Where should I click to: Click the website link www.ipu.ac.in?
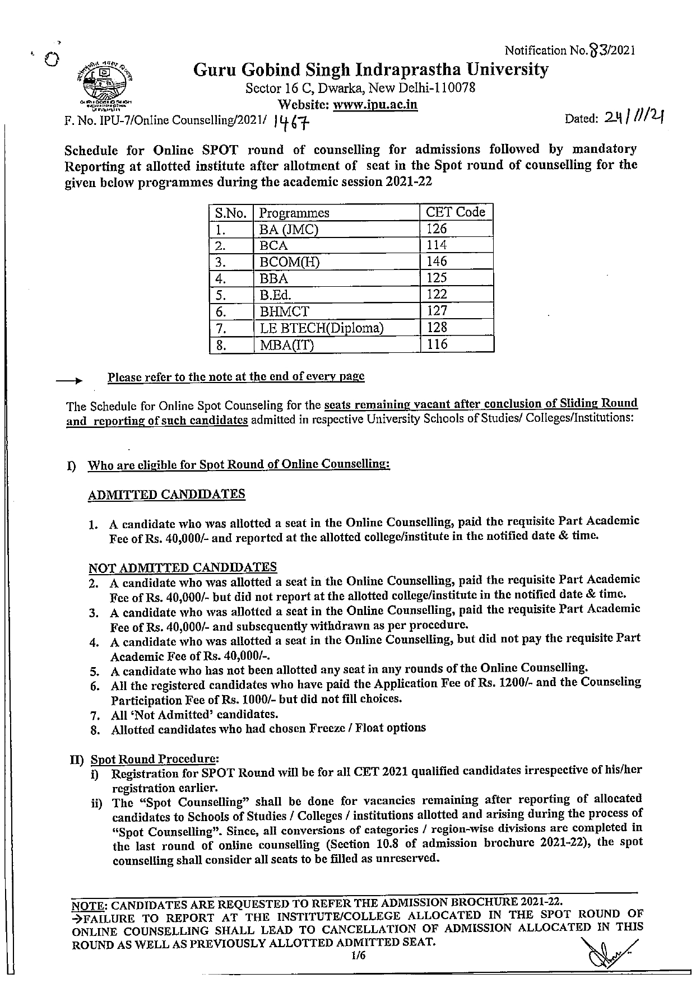(x=375, y=105)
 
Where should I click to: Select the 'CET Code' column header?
(x=455, y=212)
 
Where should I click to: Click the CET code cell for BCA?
(x=437, y=245)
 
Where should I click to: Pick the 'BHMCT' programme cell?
(x=284, y=311)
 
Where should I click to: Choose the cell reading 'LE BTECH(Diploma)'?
(x=321, y=328)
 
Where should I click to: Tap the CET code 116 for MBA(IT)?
(x=437, y=344)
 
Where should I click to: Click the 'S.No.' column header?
(x=230, y=213)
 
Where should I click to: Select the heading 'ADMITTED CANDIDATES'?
(x=166, y=495)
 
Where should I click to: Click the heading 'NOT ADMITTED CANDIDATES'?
(x=182, y=567)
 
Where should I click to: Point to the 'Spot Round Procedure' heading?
(x=154, y=760)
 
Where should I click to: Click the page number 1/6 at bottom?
(x=359, y=956)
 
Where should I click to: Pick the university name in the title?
(x=370, y=70)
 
